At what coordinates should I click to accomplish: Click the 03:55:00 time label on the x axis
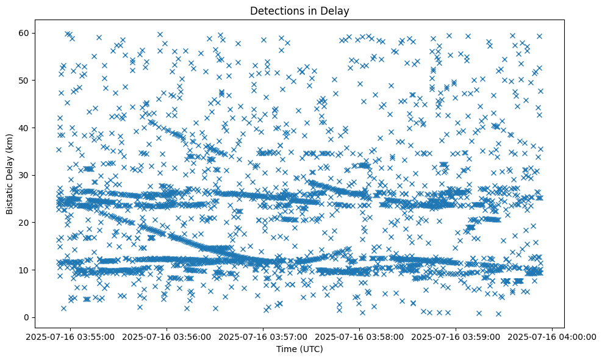pyautogui.click(x=70, y=336)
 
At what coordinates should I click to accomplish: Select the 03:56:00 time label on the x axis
pyautogui.click(x=167, y=336)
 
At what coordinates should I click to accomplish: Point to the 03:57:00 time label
pyautogui.click(x=263, y=336)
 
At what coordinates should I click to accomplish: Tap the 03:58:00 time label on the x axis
pyautogui.click(x=359, y=336)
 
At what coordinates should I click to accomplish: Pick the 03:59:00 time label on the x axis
pyautogui.click(x=456, y=336)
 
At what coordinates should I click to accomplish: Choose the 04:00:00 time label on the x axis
pyautogui.click(x=553, y=336)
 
